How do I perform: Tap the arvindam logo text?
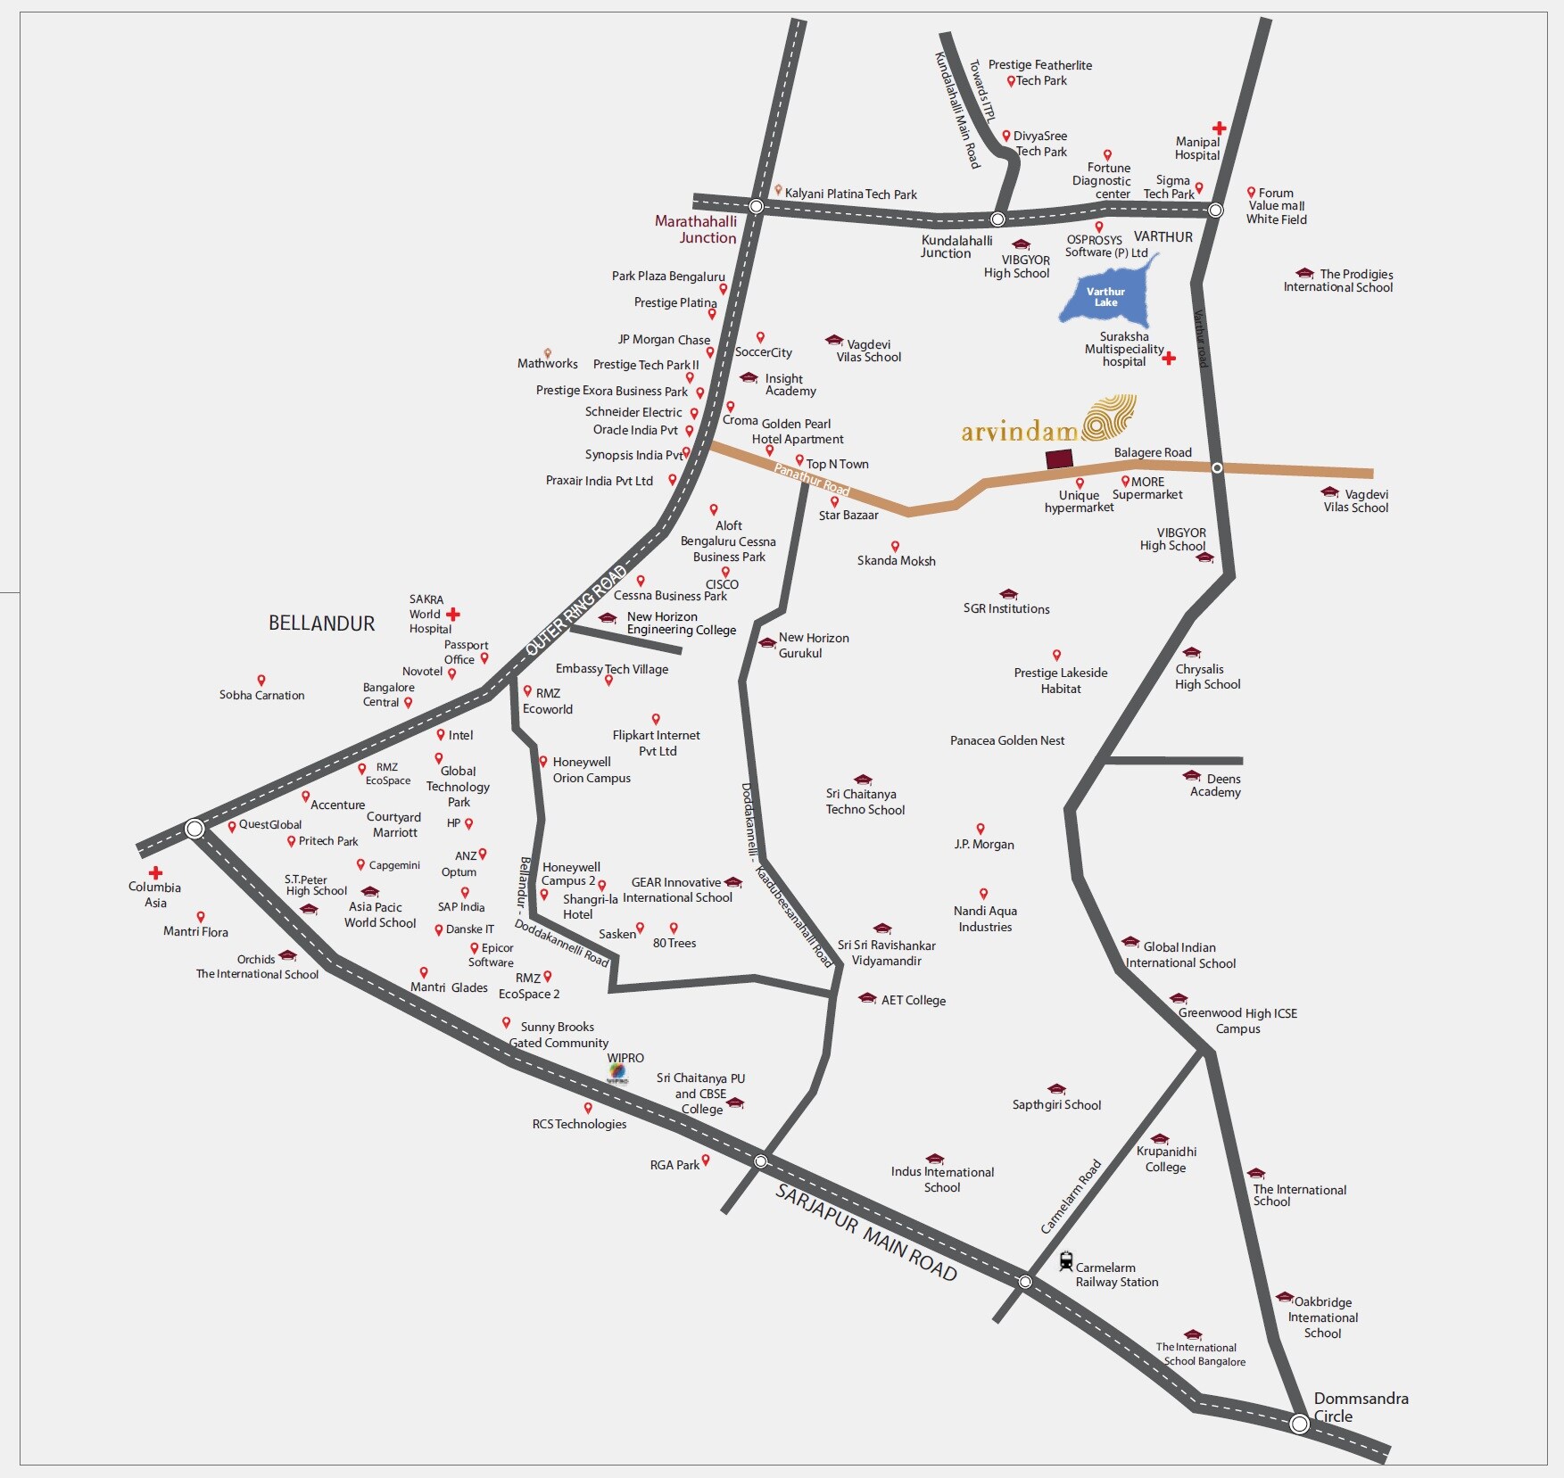coord(1020,432)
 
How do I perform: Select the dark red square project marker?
coord(1059,459)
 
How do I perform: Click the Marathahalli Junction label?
coord(697,229)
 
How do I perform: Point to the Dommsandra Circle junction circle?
coord(1299,1424)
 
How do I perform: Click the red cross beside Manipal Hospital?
coord(1219,128)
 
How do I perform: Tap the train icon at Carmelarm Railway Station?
coord(1065,1261)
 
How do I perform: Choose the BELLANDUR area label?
coord(321,623)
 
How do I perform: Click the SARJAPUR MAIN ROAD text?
coord(865,1233)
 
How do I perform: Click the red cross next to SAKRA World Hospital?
coord(453,614)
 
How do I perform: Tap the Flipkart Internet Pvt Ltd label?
coord(657,743)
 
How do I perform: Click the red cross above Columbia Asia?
coord(156,872)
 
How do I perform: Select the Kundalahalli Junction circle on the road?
coord(997,219)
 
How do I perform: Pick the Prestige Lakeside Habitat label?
coord(1060,681)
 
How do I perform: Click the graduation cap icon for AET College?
coord(866,998)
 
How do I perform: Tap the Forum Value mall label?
coord(1277,206)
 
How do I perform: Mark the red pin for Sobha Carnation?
coord(261,681)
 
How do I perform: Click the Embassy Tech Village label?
coord(611,669)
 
